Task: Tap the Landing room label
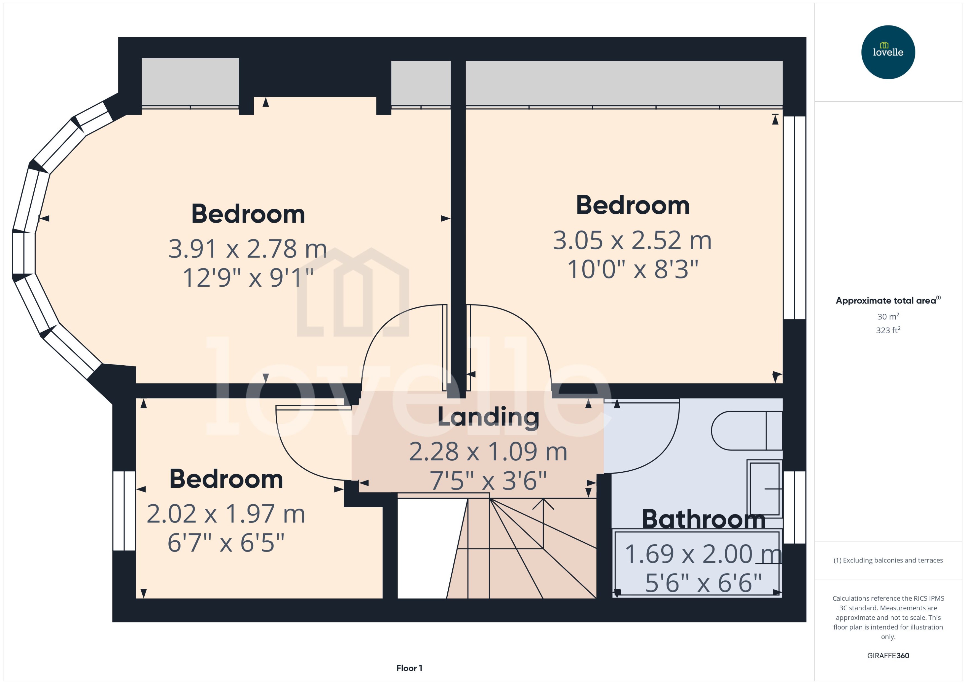(x=488, y=417)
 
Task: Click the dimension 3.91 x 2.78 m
(x=248, y=249)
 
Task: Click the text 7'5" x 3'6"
(x=488, y=480)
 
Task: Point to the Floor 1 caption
(x=409, y=668)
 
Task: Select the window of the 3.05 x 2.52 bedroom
(x=794, y=217)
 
